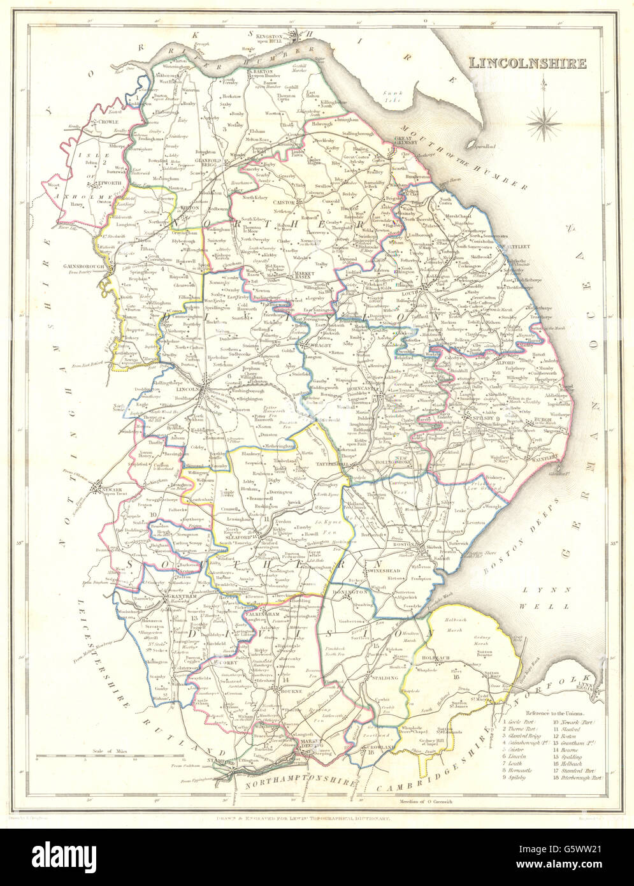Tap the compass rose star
[x=542, y=120]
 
